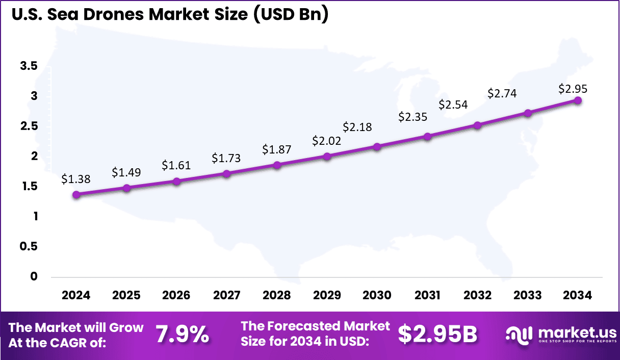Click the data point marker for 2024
pyautogui.click(x=76, y=194)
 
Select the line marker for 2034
pyautogui.click(x=578, y=100)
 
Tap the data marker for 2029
pyautogui.click(x=327, y=156)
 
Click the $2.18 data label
pyautogui.click(x=357, y=126)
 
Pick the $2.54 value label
pyautogui.click(x=453, y=105)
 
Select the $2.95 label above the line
pyautogui.click(x=573, y=89)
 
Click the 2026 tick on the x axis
pyautogui.click(x=176, y=296)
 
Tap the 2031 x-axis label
pyautogui.click(x=427, y=296)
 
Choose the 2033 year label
pyautogui.click(x=528, y=296)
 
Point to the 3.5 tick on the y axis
pyautogui.click(x=29, y=66)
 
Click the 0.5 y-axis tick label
pyautogui.click(x=29, y=246)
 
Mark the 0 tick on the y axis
pyautogui.click(x=34, y=276)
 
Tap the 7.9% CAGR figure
pyautogui.click(x=182, y=335)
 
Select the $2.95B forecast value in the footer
pyautogui.click(x=437, y=334)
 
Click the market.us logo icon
pyautogui.click(x=519, y=334)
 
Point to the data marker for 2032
pyautogui.click(x=477, y=125)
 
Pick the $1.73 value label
pyautogui.click(x=226, y=158)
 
